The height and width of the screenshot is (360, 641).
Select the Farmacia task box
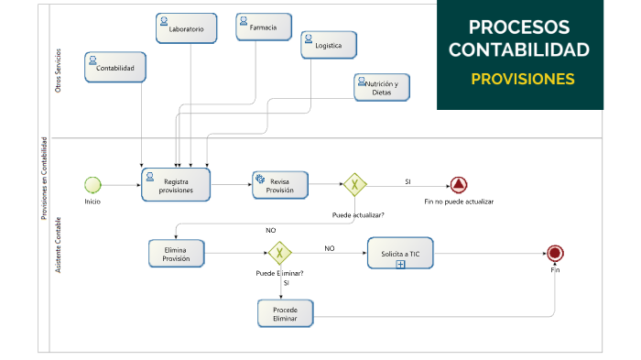(x=264, y=27)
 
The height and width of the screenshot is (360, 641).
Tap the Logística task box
(x=329, y=44)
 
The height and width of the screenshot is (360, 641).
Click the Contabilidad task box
(x=115, y=67)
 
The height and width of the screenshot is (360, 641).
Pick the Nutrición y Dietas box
(x=381, y=87)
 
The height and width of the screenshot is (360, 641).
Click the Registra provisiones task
(x=176, y=184)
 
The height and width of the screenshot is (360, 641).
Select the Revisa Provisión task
(x=280, y=184)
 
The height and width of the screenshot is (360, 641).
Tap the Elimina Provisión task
(x=177, y=253)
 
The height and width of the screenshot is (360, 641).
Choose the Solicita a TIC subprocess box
(x=400, y=253)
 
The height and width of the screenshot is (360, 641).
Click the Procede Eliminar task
(x=285, y=313)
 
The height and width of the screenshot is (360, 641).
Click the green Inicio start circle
(x=92, y=184)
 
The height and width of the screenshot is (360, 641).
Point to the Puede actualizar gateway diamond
(x=354, y=185)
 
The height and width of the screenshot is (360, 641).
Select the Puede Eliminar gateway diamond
(x=279, y=253)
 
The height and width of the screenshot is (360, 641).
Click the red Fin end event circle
(x=554, y=254)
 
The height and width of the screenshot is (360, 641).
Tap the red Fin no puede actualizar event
(x=459, y=185)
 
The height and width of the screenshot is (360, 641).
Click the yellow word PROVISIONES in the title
(x=523, y=79)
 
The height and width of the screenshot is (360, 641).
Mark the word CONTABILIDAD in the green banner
(x=520, y=49)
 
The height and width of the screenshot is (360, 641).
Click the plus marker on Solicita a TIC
(x=400, y=264)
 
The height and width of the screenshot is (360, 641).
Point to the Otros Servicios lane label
(x=59, y=71)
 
